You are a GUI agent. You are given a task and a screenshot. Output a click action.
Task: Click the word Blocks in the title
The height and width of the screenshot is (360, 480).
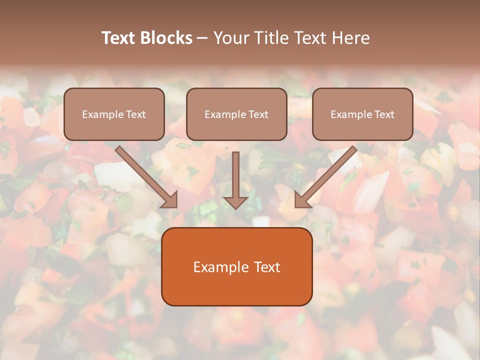[166, 38]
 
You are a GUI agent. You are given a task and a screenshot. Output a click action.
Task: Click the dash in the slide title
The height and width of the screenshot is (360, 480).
[202, 38]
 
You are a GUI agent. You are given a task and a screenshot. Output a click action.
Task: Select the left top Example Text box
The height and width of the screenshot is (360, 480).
[114, 114]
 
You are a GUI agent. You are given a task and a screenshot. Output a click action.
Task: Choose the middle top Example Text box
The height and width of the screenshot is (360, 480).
[236, 114]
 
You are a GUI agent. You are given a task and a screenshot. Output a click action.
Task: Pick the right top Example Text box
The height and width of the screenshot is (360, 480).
[363, 114]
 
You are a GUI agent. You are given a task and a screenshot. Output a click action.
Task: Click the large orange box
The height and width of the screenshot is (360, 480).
[237, 266]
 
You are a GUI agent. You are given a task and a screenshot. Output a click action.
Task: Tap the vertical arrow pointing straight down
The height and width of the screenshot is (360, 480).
[235, 180]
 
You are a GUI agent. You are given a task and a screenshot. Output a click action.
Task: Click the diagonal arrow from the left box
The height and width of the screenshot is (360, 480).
[146, 177]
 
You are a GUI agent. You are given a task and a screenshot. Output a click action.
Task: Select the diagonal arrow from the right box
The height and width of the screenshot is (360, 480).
[326, 177]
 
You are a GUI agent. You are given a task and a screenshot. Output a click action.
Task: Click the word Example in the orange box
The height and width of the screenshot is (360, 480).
[217, 267]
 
